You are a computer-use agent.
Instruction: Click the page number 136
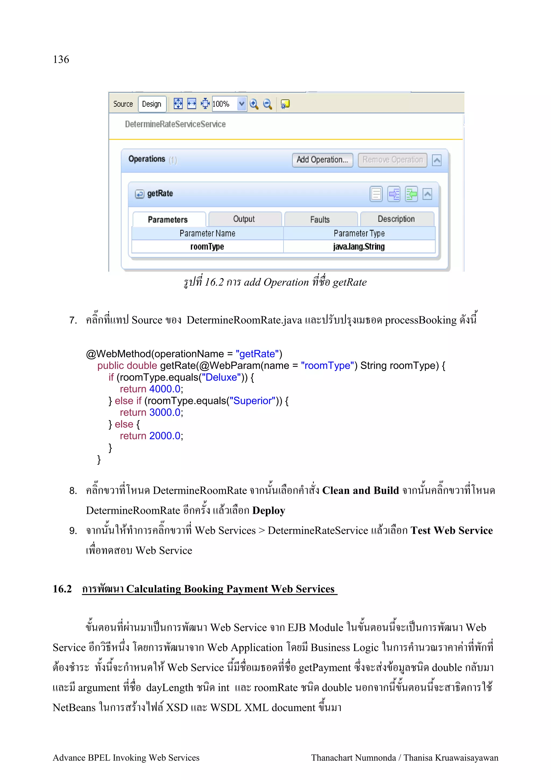tap(61, 59)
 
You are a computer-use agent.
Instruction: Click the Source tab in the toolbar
tap(123, 104)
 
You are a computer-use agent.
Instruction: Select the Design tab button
tap(152, 104)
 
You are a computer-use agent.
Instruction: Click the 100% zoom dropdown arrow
tap(241, 104)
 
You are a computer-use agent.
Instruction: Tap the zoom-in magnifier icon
tap(254, 104)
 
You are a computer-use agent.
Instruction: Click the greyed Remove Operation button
tap(393, 160)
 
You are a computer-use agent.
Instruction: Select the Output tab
tap(244, 219)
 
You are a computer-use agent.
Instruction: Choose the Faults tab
tap(320, 219)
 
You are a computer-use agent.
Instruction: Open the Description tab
tap(397, 219)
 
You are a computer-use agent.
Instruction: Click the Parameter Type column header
tap(359, 233)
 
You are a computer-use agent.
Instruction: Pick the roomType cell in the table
tap(207, 247)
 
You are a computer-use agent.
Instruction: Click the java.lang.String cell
tap(359, 247)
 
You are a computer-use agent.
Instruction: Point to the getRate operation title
tap(160, 194)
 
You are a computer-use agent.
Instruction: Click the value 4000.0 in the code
tap(165, 389)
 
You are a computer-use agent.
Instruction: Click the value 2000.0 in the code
tap(165, 436)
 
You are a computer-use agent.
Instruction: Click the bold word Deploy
tap(269, 511)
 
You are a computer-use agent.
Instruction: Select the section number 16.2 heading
tap(62, 589)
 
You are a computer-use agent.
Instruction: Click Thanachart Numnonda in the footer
tap(354, 758)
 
